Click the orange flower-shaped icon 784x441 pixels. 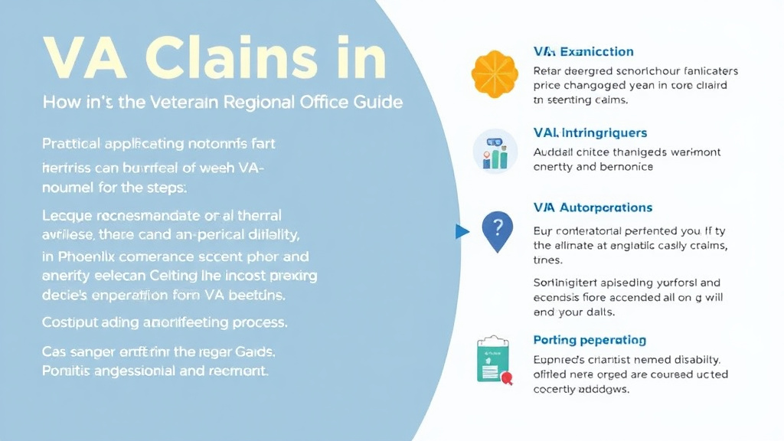[495, 74]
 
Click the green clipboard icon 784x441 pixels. [493, 359]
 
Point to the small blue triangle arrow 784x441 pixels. [461, 230]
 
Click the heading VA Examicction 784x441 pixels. [583, 51]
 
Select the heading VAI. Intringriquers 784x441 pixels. [590, 133]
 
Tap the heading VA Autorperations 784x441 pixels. [593, 207]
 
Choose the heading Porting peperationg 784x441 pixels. [589, 340]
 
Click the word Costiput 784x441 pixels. [69, 322]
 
